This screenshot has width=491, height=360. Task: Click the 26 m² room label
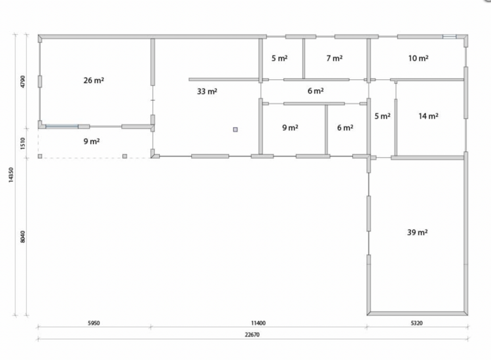click(x=94, y=81)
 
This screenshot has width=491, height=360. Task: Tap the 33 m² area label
click(x=207, y=92)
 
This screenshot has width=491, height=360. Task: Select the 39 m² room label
click(x=418, y=232)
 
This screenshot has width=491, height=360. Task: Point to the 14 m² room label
click(x=428, y=116)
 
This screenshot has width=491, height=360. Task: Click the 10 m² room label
click(x=418, y=58)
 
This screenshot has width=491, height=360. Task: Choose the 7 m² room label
click(x=335, y=58)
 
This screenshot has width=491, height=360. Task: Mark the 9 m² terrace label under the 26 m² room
click(x=92, y=141)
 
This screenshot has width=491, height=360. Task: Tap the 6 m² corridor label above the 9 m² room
click(x=316, y=91)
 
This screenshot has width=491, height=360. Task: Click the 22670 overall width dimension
click(x=252, y=334)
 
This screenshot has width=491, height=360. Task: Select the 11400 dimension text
click(x=259, y=323)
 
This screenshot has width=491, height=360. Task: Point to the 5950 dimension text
click(x=94, y=323)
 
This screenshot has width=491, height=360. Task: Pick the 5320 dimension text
click(x=416, y=323)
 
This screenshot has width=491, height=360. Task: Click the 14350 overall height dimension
click(x=11, y=175)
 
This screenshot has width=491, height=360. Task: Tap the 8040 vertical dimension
click(x=23, y=237)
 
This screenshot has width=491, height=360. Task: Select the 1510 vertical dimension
click(x=23, y=144)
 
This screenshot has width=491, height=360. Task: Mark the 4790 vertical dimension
click(x=23, y=82)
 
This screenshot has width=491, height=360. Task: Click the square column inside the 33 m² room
click(x=235, y=130)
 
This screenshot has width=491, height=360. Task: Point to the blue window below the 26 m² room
click(x=62, y=126)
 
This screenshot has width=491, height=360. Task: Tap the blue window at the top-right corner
click(x=449, y=37)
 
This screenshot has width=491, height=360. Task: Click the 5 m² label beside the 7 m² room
click(x=280, y=58)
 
